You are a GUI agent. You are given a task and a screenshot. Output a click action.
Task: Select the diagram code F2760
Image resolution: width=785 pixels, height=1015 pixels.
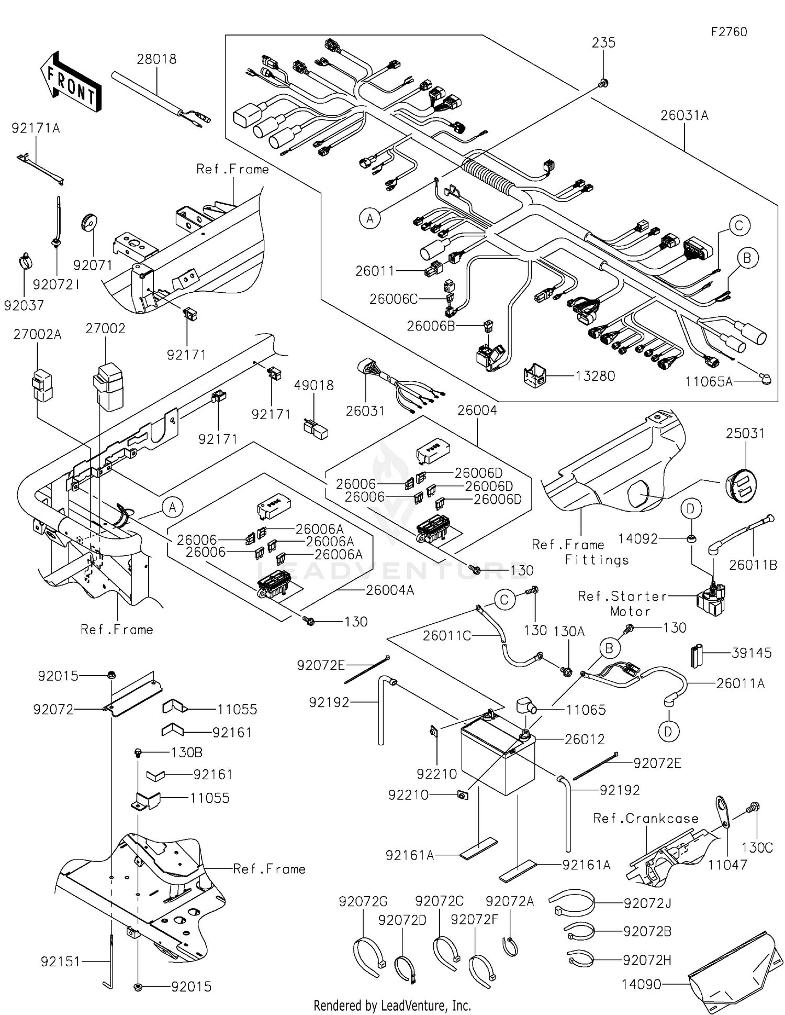(x=728, y=32)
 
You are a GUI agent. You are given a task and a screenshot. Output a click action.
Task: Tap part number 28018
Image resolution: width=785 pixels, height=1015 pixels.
(x=156, y=59)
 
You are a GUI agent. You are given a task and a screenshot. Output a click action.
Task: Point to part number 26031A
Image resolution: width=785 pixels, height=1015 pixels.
(x=684, y=115)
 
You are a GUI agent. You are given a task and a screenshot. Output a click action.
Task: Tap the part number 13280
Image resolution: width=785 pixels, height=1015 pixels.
(x=595, y=376)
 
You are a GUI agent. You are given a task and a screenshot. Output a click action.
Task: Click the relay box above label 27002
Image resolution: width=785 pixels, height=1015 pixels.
(x=108, y=386)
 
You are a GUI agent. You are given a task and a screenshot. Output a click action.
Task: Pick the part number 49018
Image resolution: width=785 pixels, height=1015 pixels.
(x=313, y=385)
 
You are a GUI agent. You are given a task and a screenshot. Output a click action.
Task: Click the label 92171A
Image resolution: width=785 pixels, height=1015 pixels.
(x=36, y=128)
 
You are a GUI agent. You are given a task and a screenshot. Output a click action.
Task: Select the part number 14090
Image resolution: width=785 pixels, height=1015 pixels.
(x=641, y=984)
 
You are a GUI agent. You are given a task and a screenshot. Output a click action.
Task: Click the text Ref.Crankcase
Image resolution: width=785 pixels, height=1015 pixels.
(x=645, y=818)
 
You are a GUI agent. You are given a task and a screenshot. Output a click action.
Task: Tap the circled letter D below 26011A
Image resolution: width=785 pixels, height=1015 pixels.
(x=668, y=731)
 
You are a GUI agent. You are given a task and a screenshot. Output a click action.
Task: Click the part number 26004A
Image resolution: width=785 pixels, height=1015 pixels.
(x=389, y=590)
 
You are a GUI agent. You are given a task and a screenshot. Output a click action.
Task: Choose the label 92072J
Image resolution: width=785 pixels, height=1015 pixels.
(x=647, y=903)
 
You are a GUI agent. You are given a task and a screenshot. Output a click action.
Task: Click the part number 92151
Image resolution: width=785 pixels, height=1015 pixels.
(x=60, y=962)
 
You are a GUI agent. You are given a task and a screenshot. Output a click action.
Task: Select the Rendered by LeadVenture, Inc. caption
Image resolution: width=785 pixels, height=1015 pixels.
(x=392, y=1006)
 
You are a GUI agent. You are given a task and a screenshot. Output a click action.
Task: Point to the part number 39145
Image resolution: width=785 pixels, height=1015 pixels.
(x=752, y=653)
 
